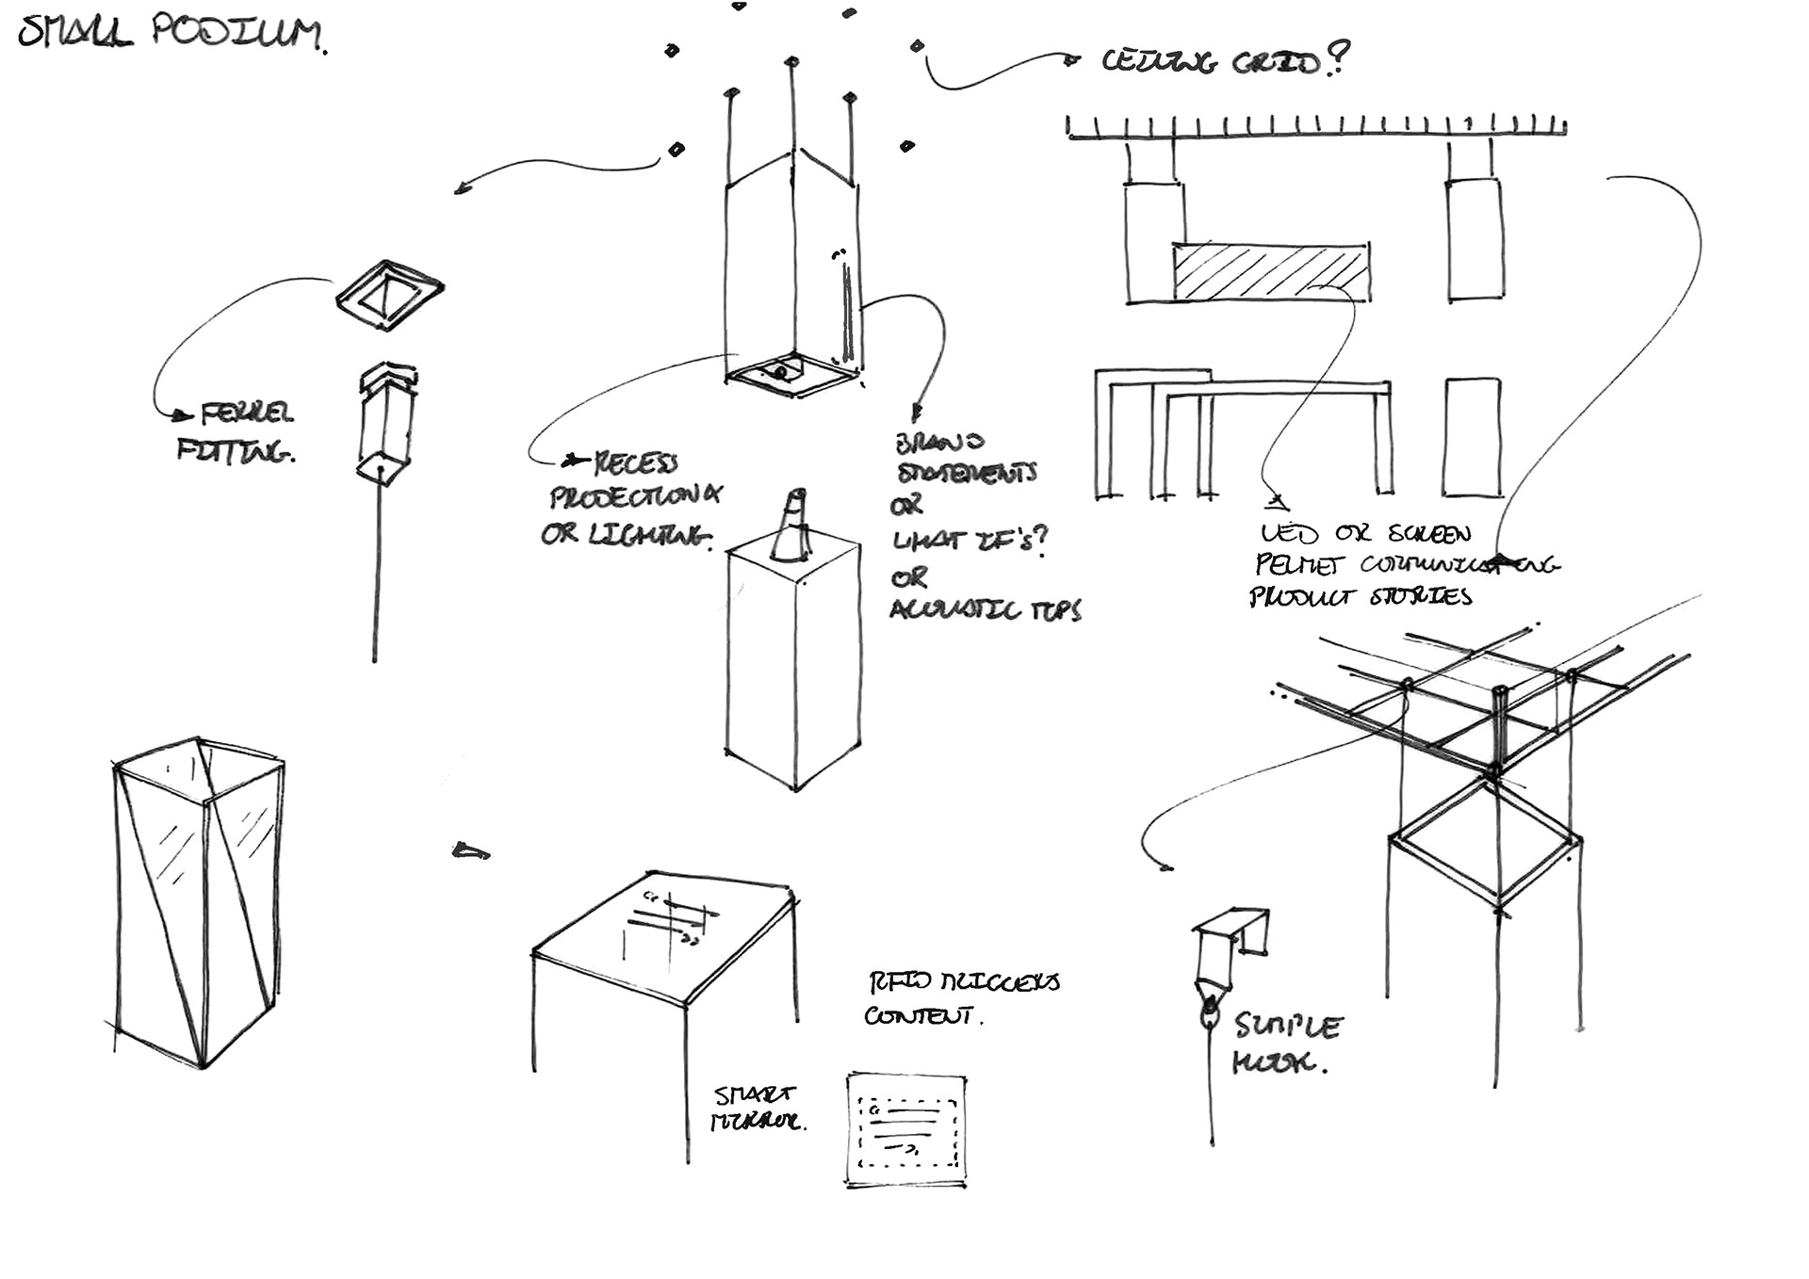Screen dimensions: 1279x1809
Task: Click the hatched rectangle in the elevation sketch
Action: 1271,272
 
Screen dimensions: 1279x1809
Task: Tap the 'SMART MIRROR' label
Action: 758,1109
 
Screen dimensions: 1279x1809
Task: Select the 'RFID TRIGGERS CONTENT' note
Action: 961,998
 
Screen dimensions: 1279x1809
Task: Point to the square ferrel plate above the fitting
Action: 390,295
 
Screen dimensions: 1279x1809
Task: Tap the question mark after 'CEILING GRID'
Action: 1338,58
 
